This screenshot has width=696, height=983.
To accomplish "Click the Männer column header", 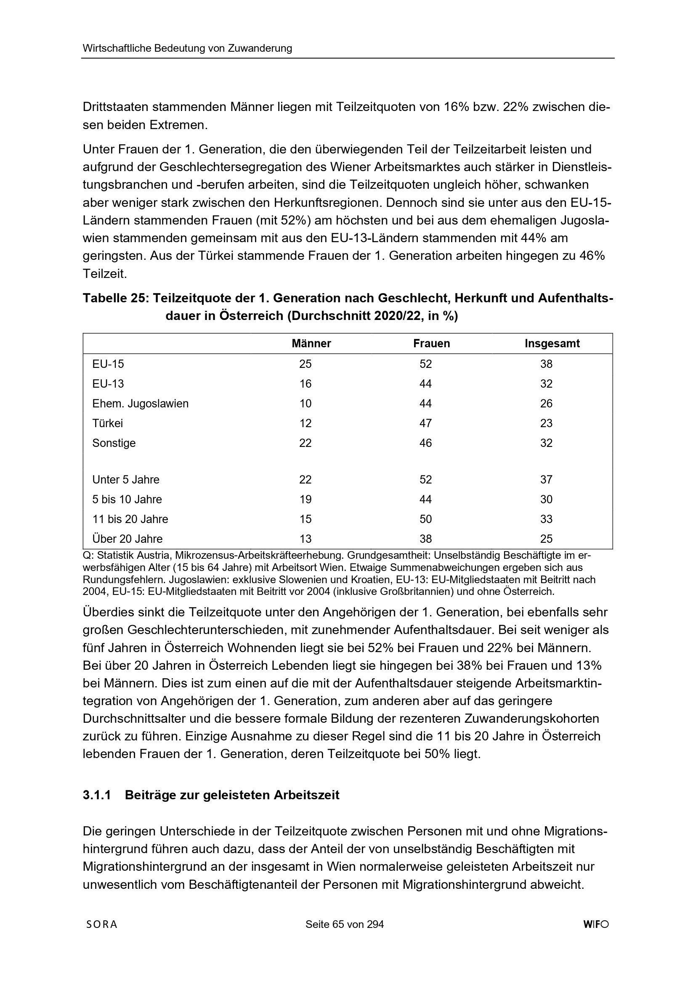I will pyautogui.click(x=311, y=344).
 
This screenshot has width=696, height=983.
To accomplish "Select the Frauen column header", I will pyautogui.click(x=431, y=344).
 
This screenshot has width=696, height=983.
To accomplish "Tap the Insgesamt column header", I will pyautogui.click(x=552, y=344).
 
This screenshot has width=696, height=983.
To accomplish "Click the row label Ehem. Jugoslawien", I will pyautogui.click(x=140, y=404).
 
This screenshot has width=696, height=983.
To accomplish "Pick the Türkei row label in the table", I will pyautogui.click(x=108, y=423).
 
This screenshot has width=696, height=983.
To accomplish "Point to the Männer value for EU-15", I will pyautogui.click(x=305, y=365).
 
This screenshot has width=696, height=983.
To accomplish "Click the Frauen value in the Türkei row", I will pyautogui.click(x=425, y=423).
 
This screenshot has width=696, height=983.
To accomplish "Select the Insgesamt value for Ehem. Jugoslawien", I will pyautogui.click(x=546, y=404).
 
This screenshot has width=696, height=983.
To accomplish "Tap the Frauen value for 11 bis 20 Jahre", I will pyautogui.click(x=425, y=519).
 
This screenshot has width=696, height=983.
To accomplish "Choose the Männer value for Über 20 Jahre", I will pyautogui.click(x=305, y=539).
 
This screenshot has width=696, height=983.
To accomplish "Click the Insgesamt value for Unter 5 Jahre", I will pyautogui.click(x=546, y=480).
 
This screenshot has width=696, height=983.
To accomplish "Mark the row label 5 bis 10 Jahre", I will pyautogui.click(x=127, y=499).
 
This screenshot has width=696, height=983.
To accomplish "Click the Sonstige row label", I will pyautogui.click(x=114, y=443).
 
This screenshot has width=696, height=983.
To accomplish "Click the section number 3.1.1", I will pyautogui.click(x=97, y=795).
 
